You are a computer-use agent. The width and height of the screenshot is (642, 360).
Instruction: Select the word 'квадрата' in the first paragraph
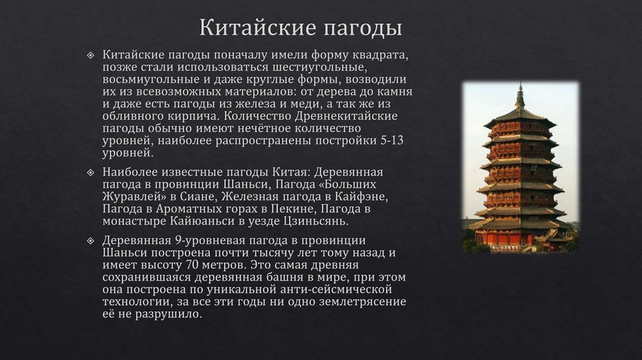[381, 55]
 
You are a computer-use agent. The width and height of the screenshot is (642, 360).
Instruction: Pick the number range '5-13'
[391, 140]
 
